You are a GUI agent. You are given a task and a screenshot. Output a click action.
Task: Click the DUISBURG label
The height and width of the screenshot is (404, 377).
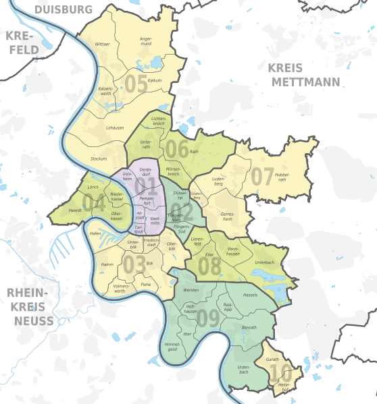(63, 9)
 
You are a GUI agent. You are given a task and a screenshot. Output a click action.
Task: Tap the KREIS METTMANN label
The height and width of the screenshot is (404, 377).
(303, 74)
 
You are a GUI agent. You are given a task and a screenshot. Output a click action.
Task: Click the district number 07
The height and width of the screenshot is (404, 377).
(263, 176)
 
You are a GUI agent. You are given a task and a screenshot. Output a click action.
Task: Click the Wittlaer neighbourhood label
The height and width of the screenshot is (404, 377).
(103, 44)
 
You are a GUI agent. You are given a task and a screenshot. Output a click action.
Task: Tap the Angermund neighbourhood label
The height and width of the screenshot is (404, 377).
(145, 41)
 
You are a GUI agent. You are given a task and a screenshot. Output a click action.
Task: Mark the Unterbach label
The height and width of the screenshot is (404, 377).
(265, 260)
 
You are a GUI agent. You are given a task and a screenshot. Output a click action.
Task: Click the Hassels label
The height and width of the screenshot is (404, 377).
(250, 295)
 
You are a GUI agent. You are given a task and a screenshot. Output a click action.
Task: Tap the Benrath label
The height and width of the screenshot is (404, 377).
(249, 327)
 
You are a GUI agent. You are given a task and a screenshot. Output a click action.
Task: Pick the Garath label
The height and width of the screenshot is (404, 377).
(272, 359)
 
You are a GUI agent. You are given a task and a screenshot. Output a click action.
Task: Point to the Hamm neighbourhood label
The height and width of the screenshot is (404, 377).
(107, 264)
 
